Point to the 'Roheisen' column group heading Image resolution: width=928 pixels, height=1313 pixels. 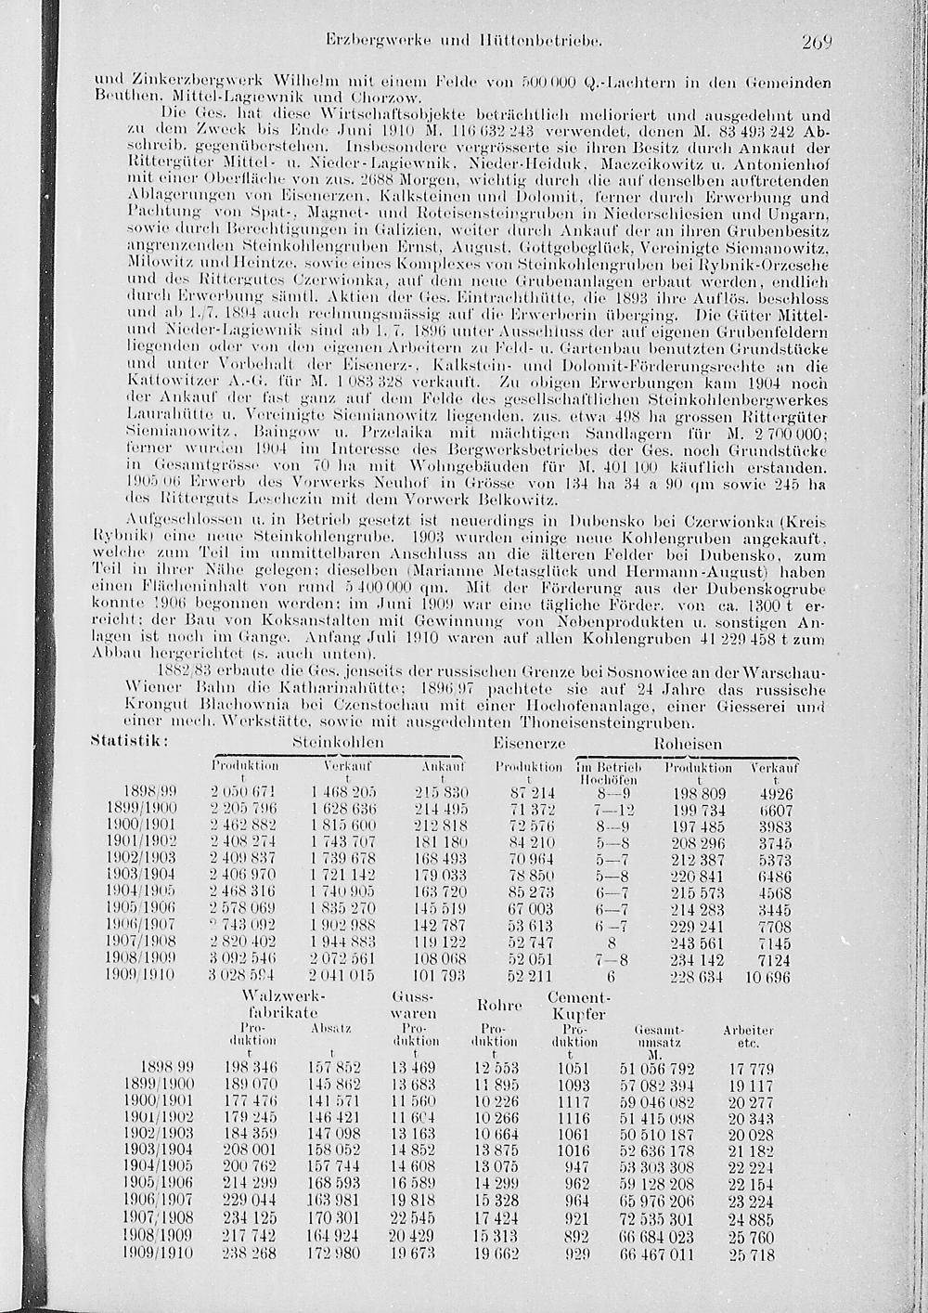688,744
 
